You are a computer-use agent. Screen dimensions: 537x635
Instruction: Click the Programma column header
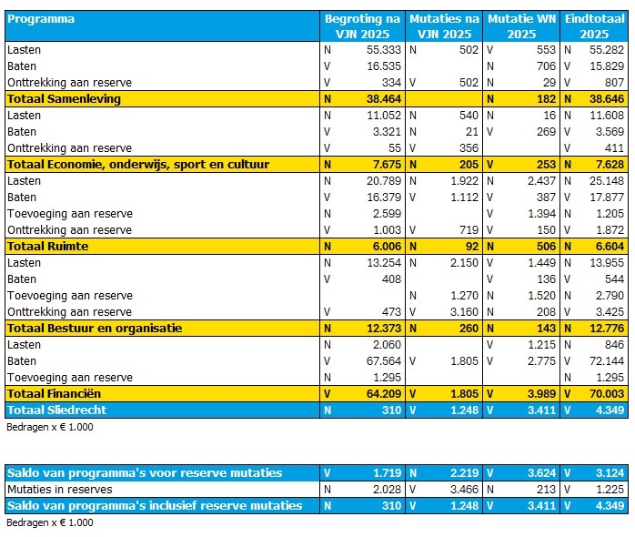pyautogui.click(x=41, y=18)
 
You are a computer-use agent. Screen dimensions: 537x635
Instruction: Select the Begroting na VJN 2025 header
pyautogui.click(x=362, y=26)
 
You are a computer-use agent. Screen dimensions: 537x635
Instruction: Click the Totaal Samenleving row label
pyautogui.click(x=64, y=98)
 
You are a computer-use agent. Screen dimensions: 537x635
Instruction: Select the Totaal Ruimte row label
pyautogui.click(x=45, y=246)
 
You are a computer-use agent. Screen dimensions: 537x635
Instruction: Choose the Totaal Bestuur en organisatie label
pyautogui.click(x=95, y=328)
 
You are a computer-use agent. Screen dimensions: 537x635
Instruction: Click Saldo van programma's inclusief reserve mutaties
pyautogui.click(x=155, y=505)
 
